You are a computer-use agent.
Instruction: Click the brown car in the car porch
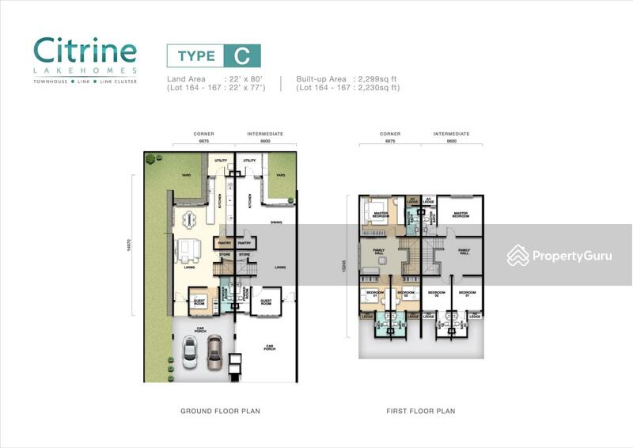[214, 353]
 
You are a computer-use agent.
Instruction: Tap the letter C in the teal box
[241, 55]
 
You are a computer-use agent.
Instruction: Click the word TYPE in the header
[195, 55]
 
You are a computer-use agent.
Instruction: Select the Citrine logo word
[85, 51]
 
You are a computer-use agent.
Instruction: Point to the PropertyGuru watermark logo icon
[518, 255]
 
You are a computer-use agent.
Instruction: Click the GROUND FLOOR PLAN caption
[220, 411]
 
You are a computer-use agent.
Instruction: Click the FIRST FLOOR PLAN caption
[421, 411]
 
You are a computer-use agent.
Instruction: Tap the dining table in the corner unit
[188, 219]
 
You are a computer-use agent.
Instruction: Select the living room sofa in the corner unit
[188, 250]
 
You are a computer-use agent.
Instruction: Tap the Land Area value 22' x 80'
[244, 79]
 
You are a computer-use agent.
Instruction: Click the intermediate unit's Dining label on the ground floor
[276, 222]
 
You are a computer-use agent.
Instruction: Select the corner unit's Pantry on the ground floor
[222, 243]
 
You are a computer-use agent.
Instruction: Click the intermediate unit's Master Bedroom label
[461, 214]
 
